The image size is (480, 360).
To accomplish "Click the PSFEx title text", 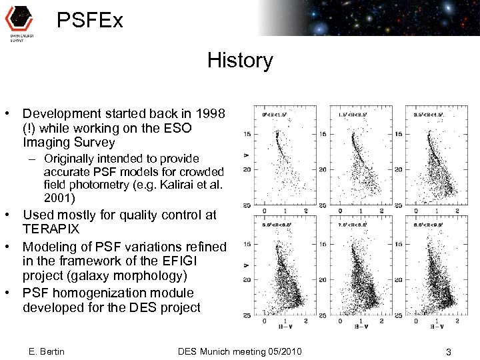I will (x=90, y=21).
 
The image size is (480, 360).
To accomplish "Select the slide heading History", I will (x=240, y=61).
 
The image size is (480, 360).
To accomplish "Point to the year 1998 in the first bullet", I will (x=208, y=113).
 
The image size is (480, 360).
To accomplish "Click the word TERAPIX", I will (x=51, y=229).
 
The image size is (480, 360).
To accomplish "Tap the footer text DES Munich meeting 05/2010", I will (x=240, y=351).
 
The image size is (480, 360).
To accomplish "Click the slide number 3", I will (x=449, y=351).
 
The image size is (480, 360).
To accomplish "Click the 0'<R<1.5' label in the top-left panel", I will (x=275, y=115).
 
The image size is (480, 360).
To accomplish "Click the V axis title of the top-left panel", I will (x=247, y=156).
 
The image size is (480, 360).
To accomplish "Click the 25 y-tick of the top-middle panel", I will (x=323, y=205).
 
